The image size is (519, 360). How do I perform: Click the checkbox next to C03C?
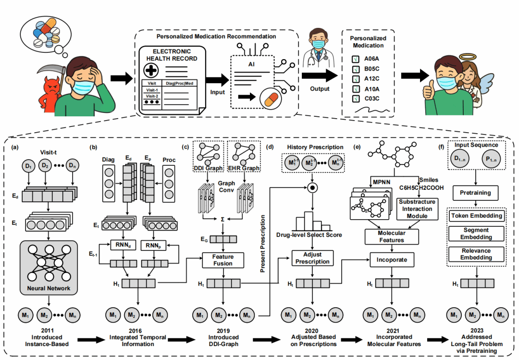pyautogui.click(x=355, y=99)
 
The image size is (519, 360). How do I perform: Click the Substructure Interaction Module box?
pyautogui.click(x=417, y=209)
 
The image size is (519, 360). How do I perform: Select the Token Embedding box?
pyautogui.click(x=476, y=216)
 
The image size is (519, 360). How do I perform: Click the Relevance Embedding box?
pyautogui.click(x=476, y=254)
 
